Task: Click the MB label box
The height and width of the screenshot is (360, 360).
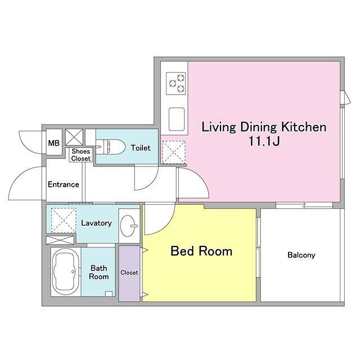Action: click(x=54, y=142)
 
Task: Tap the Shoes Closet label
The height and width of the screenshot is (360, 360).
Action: click(x=81, y=155)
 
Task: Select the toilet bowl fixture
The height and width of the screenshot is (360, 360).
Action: click(x=110, y=147)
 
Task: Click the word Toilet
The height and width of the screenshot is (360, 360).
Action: click(x=141, y=148)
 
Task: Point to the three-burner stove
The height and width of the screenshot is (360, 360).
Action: click(x=176, y=84)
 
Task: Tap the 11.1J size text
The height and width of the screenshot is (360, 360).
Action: click(x=264, y=141)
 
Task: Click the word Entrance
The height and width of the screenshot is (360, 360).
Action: click(x=64, y=184)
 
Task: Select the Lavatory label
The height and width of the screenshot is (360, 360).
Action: click(x=96, y=223)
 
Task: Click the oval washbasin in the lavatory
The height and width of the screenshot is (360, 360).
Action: click(x=128, y=226)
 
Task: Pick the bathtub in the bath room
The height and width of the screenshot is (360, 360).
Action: click(x=66, y=272)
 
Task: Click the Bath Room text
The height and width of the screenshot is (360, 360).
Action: click(x=99, y=272)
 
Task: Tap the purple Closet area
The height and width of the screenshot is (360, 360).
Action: click(x=129, y=273)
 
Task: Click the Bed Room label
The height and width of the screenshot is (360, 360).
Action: click(x=201, y=251)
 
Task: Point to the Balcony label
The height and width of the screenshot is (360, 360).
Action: click(x=301, y=255)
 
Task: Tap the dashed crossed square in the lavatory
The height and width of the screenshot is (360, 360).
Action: click(x=64, y=220)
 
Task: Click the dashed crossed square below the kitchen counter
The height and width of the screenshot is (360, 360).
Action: click(x=174, y=152)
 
